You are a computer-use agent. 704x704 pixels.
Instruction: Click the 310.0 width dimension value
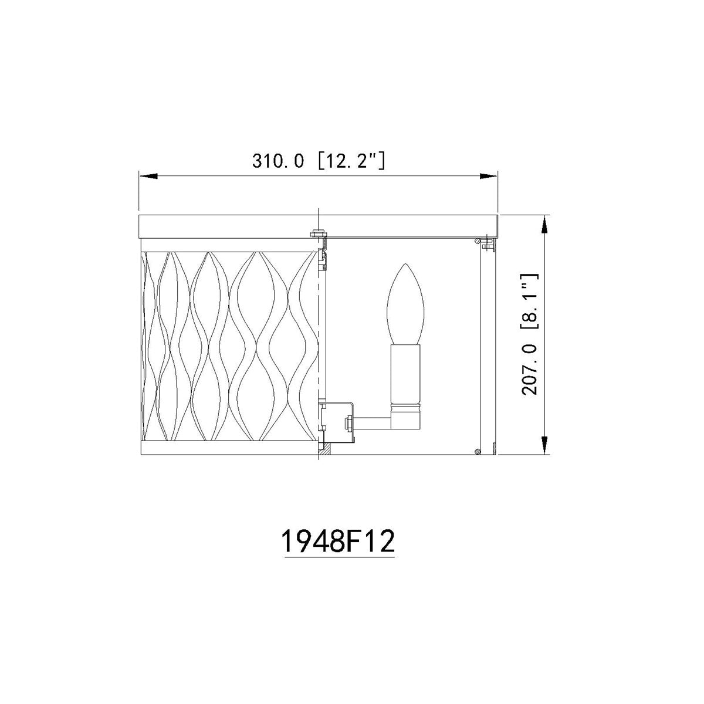click(x=277, y=161)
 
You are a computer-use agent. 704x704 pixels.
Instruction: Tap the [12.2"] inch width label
click(x=351, y=161)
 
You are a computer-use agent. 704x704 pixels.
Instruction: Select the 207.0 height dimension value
click(x=530, y=369)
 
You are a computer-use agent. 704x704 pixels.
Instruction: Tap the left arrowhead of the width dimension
click(x=148, y=176)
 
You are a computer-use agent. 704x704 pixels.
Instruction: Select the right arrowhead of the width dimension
click(x=489, y=176)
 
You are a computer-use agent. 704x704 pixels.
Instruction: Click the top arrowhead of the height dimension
click(x=544, y=224)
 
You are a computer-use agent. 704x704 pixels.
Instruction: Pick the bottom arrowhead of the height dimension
click(x=544, y=446)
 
